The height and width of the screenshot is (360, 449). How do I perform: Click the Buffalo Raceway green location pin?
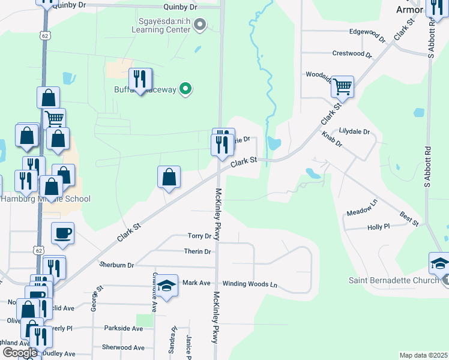pyautogui.click(x=186, y=89)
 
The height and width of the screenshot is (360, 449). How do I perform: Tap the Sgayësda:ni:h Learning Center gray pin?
pyautogui.click(x=201, y=25)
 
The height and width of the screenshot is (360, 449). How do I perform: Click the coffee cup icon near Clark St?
pyautogui.click(x=63, y=232)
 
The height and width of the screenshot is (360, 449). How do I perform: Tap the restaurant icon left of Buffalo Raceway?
pyautogui.click(x=140, y=79)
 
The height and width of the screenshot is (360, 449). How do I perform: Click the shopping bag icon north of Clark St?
pyautogui.click(x=169, y=177)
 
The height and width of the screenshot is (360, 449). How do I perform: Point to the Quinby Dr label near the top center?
pyautogui.click(x=180, y=7)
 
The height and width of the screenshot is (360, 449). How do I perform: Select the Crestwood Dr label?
pyautogui.click(x=352, y=53)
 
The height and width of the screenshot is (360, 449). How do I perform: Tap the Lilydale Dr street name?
pyautogui.click(x=354, y=131)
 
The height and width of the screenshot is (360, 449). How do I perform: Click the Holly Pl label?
pyautogui.click(x=378, y=227)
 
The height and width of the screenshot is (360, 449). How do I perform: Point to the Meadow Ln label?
pyautogui.click(x=362, y=208)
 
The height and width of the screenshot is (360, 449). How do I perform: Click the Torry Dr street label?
pyautogui.click(x=200, y=236)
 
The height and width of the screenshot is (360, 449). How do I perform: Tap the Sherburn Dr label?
pyautogui.click(x=117, y=265)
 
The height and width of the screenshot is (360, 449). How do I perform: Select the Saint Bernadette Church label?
pyautogui.click(x=394, y=280)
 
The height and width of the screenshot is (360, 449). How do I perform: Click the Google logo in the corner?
pyautogui.click(x=19, y=353)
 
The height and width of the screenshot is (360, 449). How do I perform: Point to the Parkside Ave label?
pyautogui.click(x=124, y=328)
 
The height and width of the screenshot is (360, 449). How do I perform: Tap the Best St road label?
pyautogui.click(x=409, y=219)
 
